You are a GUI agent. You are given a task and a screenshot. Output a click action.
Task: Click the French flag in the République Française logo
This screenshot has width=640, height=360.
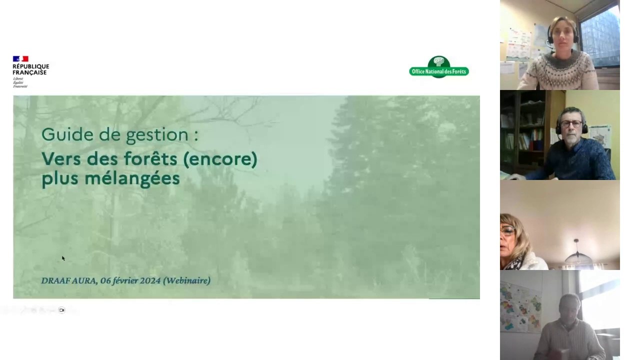pyautogui.click(x=20, y=59)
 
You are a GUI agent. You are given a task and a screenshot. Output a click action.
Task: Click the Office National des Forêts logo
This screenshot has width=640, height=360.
pyautogui.click(x=439, y=67)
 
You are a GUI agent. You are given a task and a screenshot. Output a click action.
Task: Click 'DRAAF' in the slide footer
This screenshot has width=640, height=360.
pyautogui.click(x=55, y=280)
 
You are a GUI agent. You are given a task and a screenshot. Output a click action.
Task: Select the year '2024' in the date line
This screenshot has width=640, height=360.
pyautogui.click(x=150, y=280)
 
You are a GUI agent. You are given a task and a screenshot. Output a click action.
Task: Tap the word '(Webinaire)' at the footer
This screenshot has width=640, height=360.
pyautogui.click(x=187, y=280)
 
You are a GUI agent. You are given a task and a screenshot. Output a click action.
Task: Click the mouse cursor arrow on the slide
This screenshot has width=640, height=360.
pyautogui.click(x=63, y=258)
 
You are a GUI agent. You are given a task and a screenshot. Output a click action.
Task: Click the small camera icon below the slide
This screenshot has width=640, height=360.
pyautogui.click(x=61, y=310)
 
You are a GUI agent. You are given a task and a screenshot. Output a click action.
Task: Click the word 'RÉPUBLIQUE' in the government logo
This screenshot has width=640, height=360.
pyautogui.click(x=31, y=66)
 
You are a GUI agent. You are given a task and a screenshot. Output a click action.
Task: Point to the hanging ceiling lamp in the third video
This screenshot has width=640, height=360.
pyautogui.click(x=578, y=255)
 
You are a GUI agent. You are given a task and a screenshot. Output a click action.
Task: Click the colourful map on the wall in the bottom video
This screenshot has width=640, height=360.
pyautogui.click(x=520, y=307)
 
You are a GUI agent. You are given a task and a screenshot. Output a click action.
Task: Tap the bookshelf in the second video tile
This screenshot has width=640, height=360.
pyautogui.click(x=522, y=132)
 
